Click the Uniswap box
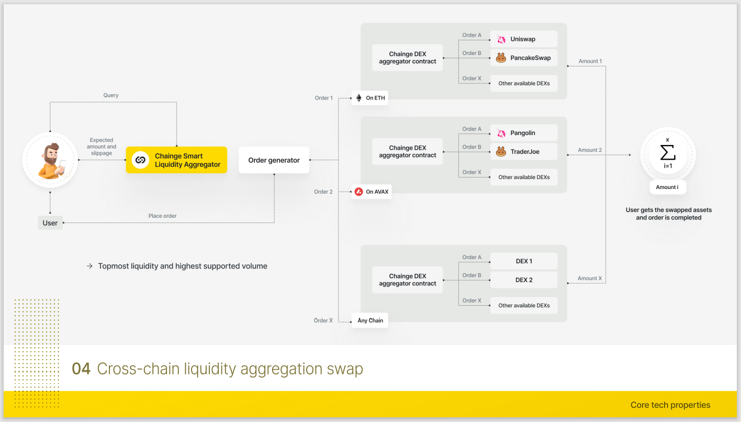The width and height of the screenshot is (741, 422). [524, 39]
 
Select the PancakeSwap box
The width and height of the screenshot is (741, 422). [524, 58]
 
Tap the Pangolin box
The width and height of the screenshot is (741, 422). [524, 133]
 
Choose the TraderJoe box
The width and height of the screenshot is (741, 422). [524, 152]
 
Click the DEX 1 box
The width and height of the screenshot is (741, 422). [524, 261]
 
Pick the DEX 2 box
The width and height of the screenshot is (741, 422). [524, 280]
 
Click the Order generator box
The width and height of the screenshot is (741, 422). [274, 160]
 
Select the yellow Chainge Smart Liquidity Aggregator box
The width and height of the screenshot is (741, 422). [176, 160]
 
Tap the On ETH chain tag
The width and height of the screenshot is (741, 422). [370, 98]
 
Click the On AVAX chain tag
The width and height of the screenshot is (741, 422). [372, 192]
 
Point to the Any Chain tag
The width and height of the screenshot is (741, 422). [370, 320]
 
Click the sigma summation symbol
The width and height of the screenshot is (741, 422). [668, 152]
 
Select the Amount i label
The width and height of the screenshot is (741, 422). [668, 187]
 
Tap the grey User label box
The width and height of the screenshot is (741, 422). [50, 223]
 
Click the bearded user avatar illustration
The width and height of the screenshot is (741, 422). [51, 161]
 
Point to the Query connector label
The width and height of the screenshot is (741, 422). [110, 95]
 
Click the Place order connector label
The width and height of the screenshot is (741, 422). [162, 216]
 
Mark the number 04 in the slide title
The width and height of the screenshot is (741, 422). [81, 369]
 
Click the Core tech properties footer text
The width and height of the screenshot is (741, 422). [670, 405]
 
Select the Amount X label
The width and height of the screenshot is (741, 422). [589, 279]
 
